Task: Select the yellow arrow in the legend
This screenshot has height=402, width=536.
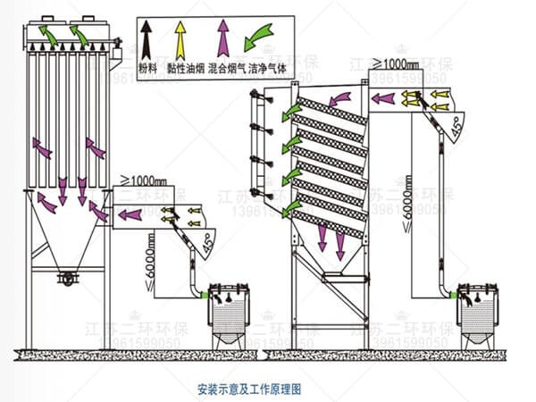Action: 181,37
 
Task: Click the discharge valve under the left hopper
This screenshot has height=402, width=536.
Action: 65,279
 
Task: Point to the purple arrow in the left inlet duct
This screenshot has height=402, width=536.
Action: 130,214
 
